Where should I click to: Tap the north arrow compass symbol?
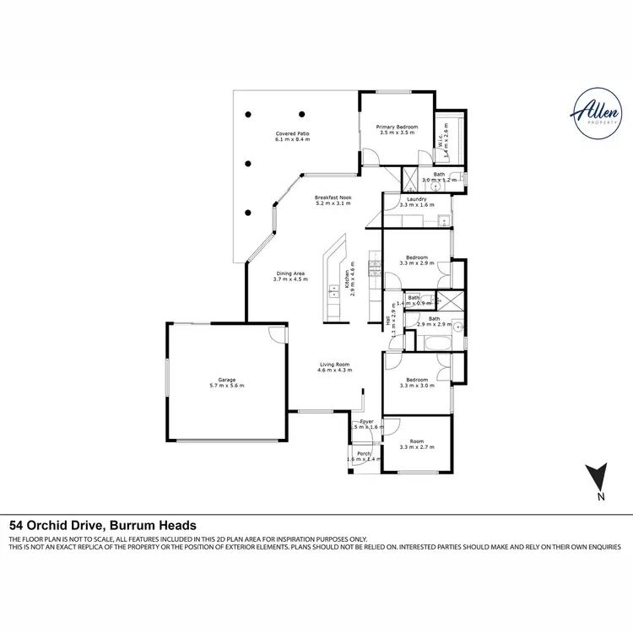pos(599,480)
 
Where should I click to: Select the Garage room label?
pos(226,382)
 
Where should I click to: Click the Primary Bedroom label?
pos(397,129)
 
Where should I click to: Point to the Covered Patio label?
pos(292,136)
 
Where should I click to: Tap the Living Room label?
pos(333,367)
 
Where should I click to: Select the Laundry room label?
pos(416,202)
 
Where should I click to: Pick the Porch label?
pos(364,456)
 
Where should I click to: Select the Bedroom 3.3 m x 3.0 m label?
pos(416,382)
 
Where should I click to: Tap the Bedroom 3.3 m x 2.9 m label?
pos(416,260)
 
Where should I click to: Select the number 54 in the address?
pos(16,524)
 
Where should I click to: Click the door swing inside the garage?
pos(275,334)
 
